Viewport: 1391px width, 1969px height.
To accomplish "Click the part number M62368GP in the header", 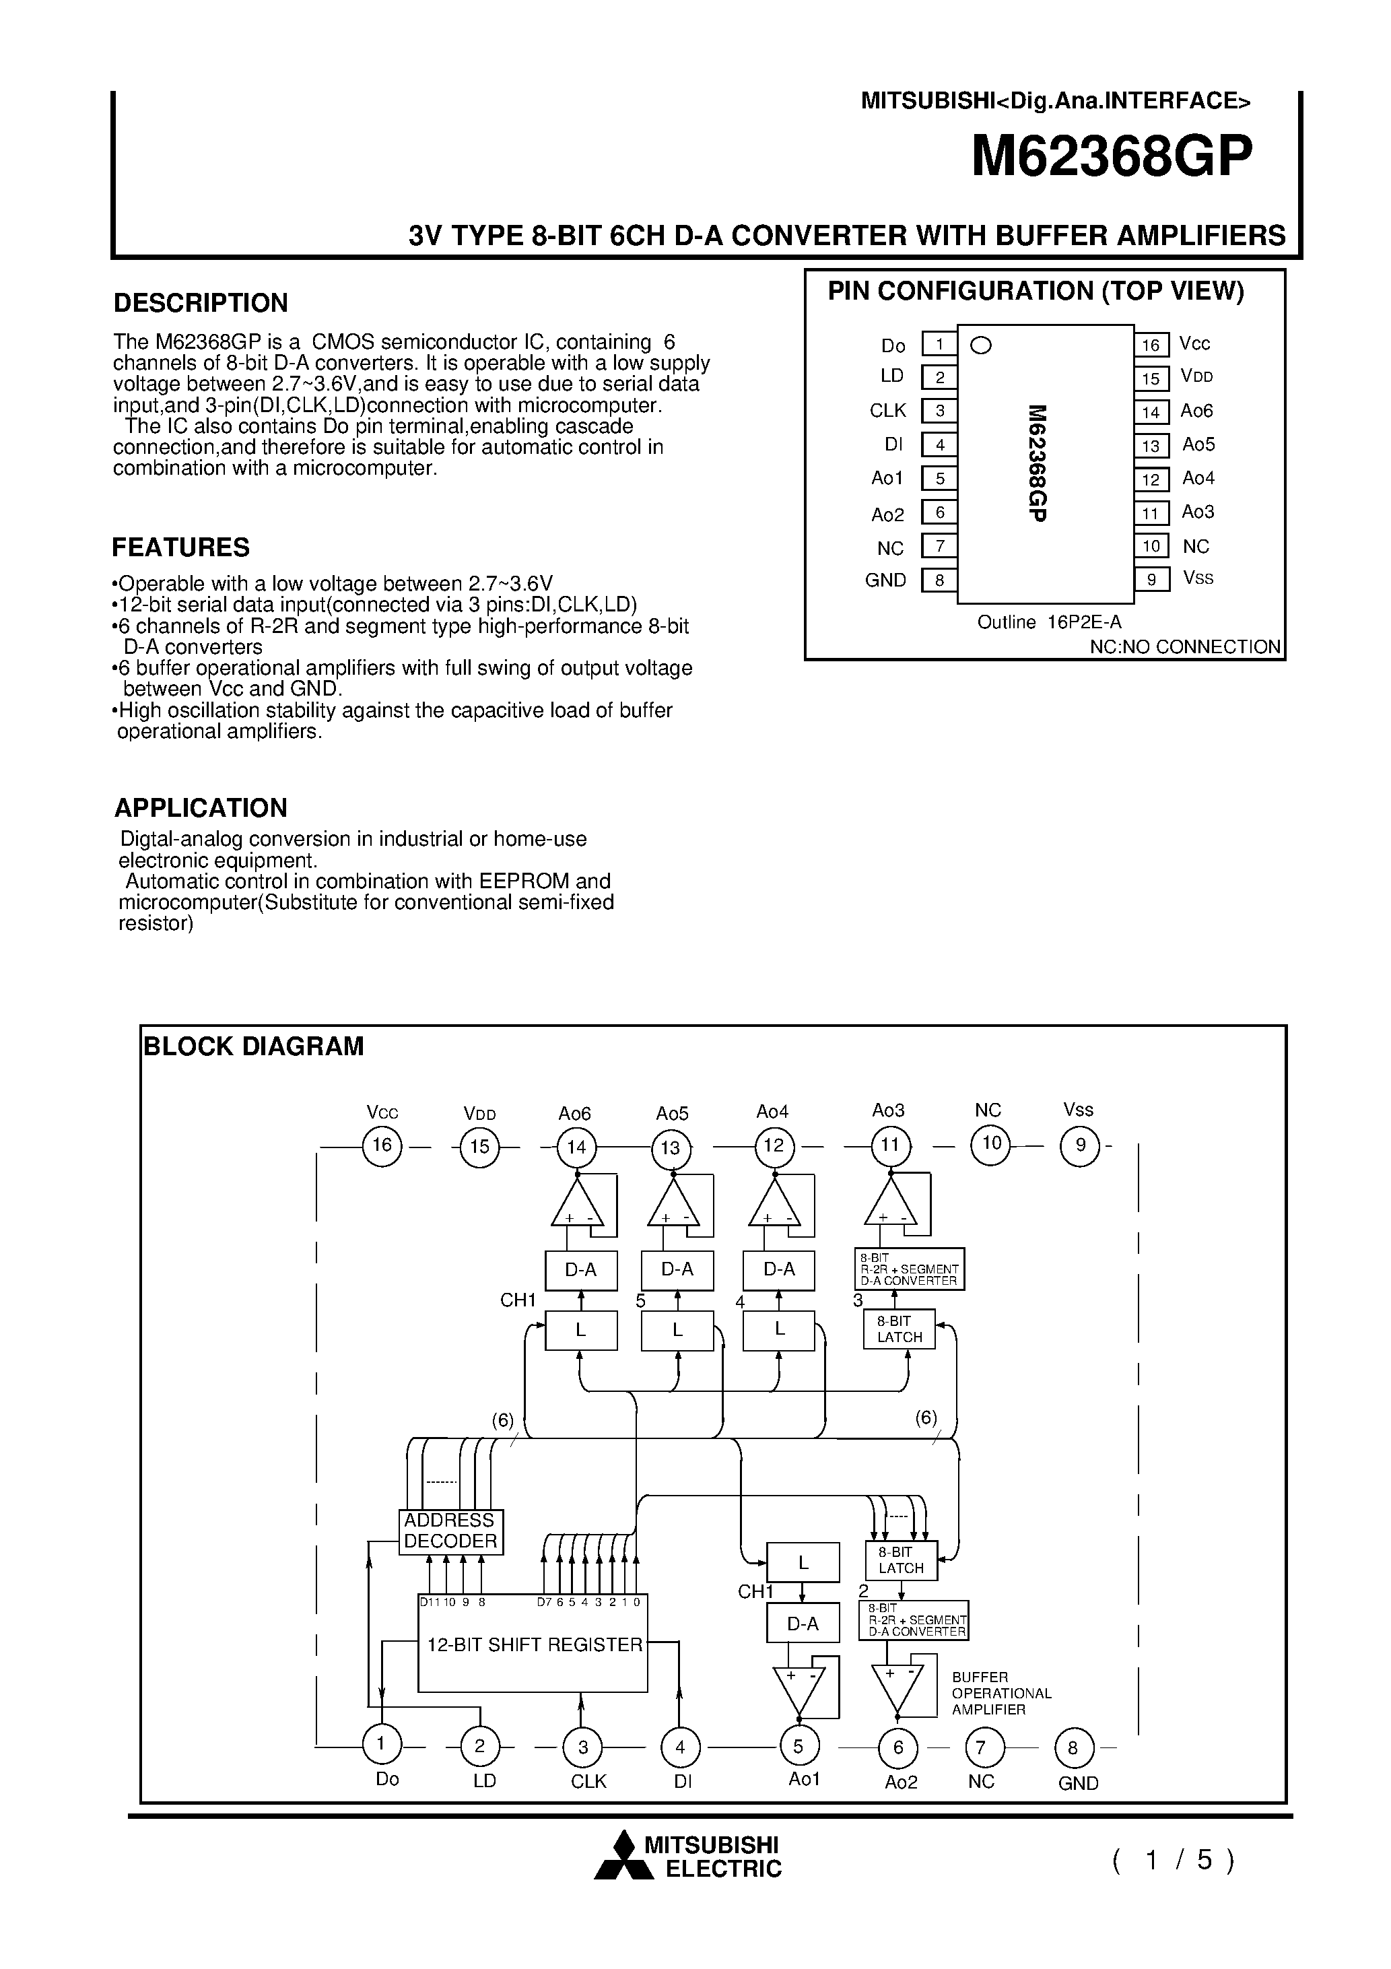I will coord(1112,156).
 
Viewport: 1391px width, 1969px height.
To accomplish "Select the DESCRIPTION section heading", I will coord(201,303).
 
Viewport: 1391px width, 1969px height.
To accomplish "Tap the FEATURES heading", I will coord(181,547).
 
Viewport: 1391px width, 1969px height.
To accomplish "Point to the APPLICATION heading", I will coord(201,808).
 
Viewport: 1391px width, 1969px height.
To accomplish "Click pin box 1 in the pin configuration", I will coord(939,345).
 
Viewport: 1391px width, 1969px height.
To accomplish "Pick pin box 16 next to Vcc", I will coord(1151,345).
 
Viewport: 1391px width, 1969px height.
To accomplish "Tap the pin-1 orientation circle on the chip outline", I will coord(980,345).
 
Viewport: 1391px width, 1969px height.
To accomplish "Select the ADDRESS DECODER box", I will coord(451,1531).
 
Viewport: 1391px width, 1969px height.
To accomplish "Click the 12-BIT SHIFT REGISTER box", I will coord(533,1643).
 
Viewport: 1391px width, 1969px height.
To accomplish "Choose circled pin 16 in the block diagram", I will coord(382,1145).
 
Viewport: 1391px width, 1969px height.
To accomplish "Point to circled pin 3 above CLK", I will coord(582,1747).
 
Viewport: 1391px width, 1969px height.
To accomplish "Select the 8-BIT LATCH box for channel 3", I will coord(899,1329).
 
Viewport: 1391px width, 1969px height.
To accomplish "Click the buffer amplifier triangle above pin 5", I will coord(799,1687).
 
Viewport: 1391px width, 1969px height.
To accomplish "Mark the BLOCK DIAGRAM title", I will coord(254,1046).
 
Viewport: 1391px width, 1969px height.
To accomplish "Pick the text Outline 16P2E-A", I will coord(1049,623).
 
